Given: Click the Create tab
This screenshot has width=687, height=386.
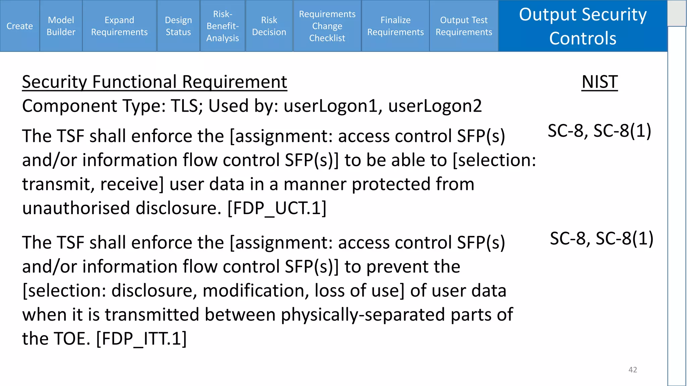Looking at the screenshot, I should (x=20, y=26).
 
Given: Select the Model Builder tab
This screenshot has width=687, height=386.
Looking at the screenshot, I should (x=61, y=26).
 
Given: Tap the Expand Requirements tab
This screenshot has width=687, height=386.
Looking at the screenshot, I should (x=119, y=26).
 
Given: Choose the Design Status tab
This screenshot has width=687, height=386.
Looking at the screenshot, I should (x=178, y=26).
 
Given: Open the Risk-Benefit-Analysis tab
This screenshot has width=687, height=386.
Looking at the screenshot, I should (x=223, y=26).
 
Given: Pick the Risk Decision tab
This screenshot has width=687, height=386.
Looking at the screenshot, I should (x=269, y=26).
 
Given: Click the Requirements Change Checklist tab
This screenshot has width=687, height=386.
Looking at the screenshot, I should (x=327, y=26).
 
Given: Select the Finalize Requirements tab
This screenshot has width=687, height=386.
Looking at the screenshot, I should (x=395, y=26).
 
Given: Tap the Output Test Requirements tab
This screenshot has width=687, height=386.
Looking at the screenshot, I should (x=464, y=26).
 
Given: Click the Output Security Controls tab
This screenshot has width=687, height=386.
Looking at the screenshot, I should (x=583, y=26).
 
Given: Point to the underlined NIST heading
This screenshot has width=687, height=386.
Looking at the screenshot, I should (x=600, y=82).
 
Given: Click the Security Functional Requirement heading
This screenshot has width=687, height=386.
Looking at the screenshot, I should (x=155, y=82).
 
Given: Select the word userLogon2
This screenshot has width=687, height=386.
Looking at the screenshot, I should (x=435, y=106).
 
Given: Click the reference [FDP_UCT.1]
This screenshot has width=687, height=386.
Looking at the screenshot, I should (x=277, y=208).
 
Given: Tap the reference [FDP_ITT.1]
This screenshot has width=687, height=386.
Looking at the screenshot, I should (x=141, y=339).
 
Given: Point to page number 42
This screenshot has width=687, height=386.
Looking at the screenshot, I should (x=633, y=370).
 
